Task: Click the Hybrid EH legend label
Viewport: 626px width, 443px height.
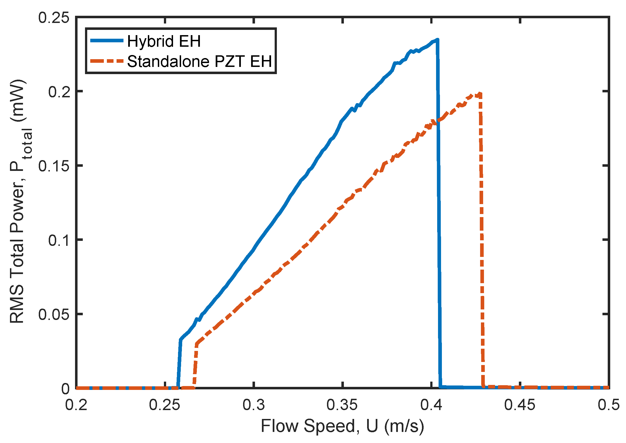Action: (x=164, y=41)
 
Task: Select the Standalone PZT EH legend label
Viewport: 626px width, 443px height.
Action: (x=199, y=61)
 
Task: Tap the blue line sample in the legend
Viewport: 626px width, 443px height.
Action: (x=107, y=41)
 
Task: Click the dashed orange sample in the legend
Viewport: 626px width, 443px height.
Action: (x=107, y=61)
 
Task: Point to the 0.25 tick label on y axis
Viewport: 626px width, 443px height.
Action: (x=54, y=18)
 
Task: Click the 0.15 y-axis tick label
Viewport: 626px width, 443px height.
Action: (x=54, y=166)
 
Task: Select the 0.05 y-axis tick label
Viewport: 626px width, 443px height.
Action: (x=54, y=314)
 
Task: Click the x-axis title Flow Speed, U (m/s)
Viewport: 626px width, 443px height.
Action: (x=342, y=426)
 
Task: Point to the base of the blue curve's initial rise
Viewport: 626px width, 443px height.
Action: (x=178, y=387)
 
